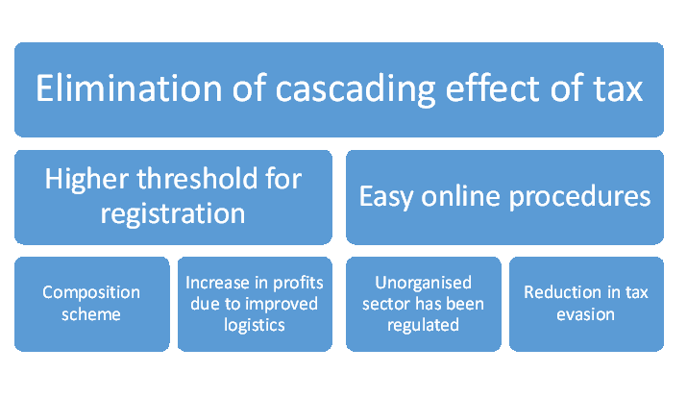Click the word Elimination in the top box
click(130, 88)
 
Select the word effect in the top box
click(493, 88)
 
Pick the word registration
click(173, 214)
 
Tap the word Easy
click(386, 198)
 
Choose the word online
click(460, 195)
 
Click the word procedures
click(579, 197)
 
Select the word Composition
click(91, 293)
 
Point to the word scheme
click(91, 314)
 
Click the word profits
click(298, 284)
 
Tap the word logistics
click(255, 326)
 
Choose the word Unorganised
click(423, 284)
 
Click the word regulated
click(423, 326)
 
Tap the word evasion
click(586, 314)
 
